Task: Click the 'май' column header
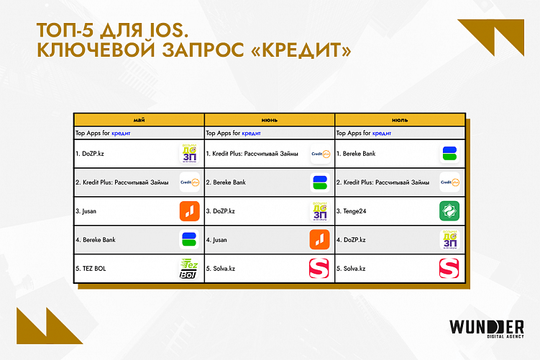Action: [x=139, y=119]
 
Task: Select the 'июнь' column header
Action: [x=270, y=119]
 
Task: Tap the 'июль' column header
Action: [x=399, y=119]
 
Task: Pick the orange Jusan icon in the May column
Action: [x=188, y=211]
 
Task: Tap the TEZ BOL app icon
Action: [x=188, y=269]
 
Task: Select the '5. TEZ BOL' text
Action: [x=91, y=269]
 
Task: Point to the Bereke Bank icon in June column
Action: [x=319, y=183]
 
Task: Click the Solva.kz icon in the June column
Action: [x=319, y=269]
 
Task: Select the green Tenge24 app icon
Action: [x=449, y=211]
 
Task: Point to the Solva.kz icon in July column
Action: [x=449, y=269]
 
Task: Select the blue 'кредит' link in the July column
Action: [x=382, y=133]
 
